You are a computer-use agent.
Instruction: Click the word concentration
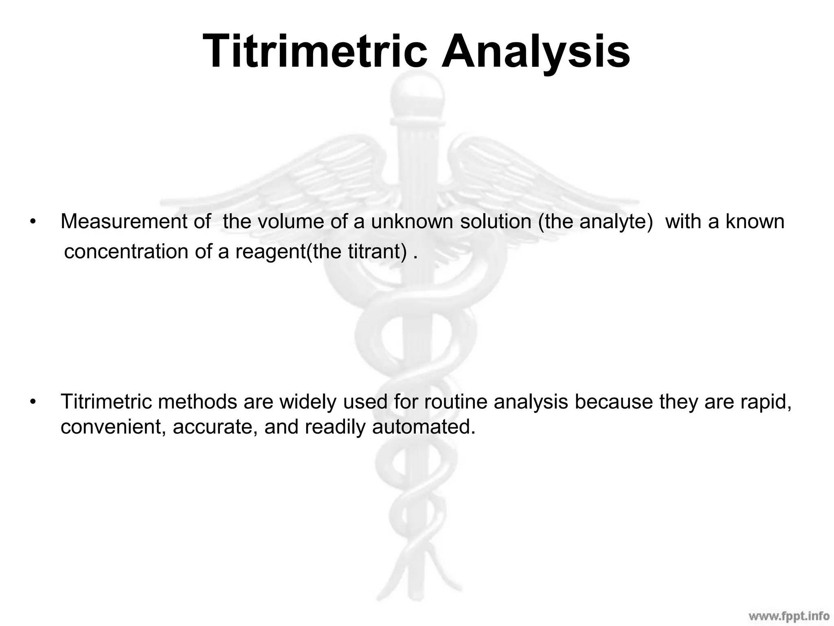(x=126, y=252)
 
